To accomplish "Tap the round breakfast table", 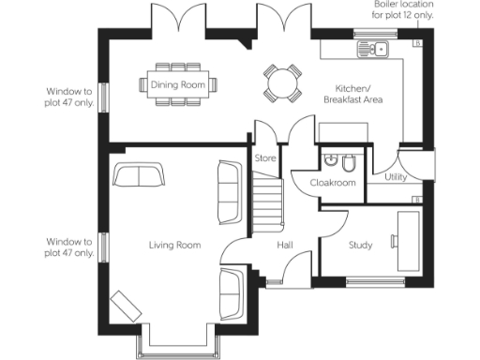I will [x=282, y=82].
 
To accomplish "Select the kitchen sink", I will [x=374, y=49].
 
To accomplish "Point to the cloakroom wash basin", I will [x=329, y=160].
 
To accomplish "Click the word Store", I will [x=265, y=158].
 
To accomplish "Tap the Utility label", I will [x=394, y=175].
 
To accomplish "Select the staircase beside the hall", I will [x=268, y=202].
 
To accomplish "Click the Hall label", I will [x=287, y=246].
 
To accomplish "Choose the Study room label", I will [x=360, y=246].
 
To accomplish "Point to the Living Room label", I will [x=174, y=246].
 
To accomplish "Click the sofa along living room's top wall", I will [x=138, y=175].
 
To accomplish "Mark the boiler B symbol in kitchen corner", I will [x=417, y=42].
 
